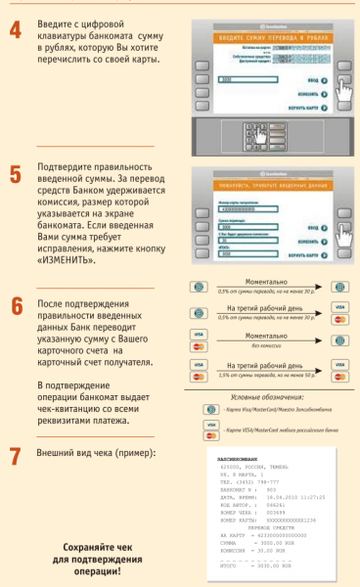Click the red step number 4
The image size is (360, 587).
click(16, 30)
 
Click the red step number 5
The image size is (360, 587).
click(16, 175)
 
